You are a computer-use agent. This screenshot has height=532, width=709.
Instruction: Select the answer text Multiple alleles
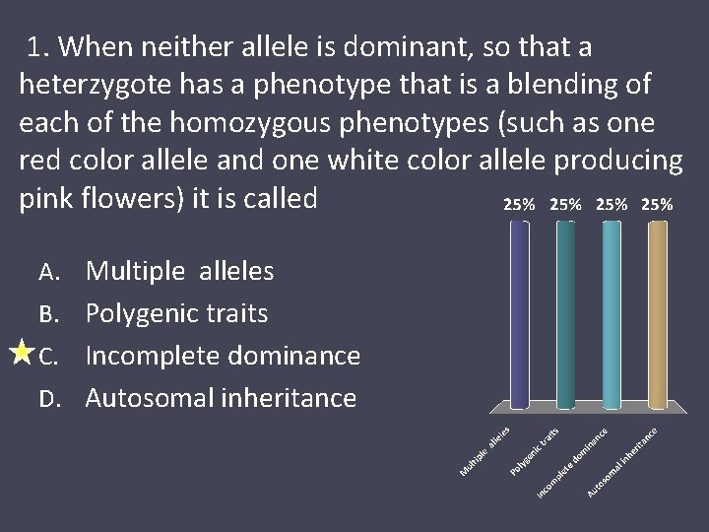(181, 270)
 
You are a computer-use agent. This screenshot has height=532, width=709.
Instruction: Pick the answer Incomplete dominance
(223, 356)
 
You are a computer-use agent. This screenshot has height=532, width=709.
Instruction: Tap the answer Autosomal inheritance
(221, 398)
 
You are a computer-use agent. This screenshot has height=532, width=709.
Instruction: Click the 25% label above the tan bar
(657, 205)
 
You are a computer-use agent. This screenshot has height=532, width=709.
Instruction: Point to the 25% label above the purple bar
(519, 205)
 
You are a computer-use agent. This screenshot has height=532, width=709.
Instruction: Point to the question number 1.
(38, 47)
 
